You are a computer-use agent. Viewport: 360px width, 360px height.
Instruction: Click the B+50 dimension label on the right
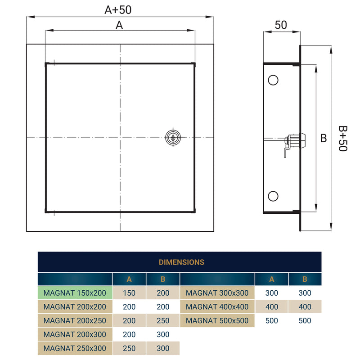pyautogui.click(x=343, y=138)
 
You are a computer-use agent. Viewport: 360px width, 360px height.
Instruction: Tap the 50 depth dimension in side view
pyautogui.click(x=281, y=25)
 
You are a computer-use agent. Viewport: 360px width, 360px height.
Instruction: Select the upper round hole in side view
pyautogui.click(x=273, y=80)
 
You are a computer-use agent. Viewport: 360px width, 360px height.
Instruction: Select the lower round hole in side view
pyautogui.click(x=273, y=196)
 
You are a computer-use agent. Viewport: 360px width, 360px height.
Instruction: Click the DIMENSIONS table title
pyautogui.click(x=181, y=262)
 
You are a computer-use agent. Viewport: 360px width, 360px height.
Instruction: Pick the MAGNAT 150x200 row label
pyautogui.click(x=75, y=293)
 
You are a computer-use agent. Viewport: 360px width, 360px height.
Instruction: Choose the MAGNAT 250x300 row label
pyautogui.click(x=75, y=348)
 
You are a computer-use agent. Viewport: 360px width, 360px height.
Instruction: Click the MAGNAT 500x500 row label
pyautogui.click(x=217, y=321)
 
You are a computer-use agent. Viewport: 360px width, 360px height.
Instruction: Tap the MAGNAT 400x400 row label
pyautogui.click(x=217, y=307)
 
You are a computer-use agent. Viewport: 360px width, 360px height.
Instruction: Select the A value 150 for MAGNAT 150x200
pyautogui.click(x=129, y=293)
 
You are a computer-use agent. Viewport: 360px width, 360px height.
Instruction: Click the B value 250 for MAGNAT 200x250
pyautogui.click(x=163, y=321)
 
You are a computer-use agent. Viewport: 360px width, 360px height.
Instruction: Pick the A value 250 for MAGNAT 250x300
pyautogui.click(x=129, y=348)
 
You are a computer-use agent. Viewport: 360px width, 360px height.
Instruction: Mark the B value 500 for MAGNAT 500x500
pyautogui.click(x=305, y=321)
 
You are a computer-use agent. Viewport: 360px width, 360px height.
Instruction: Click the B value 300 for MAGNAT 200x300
pyautogui.click(x=163, y=334)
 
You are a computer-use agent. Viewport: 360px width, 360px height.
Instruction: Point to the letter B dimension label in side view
pyautogui.click(x=323, y=139)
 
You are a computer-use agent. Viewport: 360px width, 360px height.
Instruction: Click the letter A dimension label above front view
pyautogui.click(x=119, y=25)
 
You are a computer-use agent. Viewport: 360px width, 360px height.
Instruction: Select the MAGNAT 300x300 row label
pyautogui.click(x=217, y=293)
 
